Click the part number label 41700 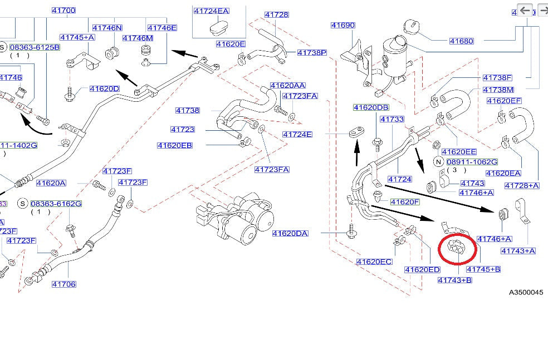click(63, 11)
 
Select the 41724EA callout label click(211, 11)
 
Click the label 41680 click(462, 41)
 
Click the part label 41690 click(342, 26)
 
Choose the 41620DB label click(370, 107)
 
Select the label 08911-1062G click(471, 161)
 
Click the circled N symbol click(437, 161)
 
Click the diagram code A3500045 click(525, 293)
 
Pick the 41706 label click(64, 284)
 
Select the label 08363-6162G click(56, 204)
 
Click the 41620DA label click(290, 233)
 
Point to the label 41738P click(311, 53)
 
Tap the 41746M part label click(138, 38)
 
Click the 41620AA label click(287, 86)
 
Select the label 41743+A click(518, 251)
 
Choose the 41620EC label click(374, 262)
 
